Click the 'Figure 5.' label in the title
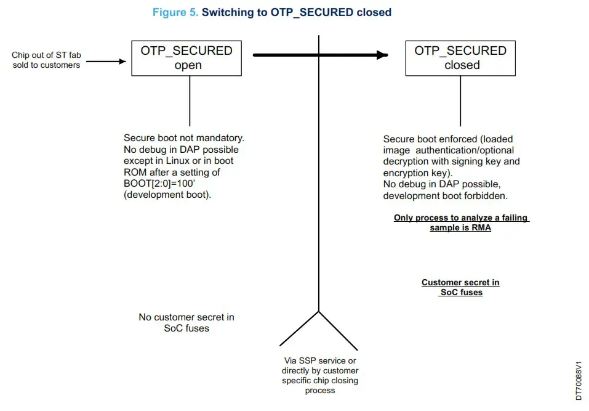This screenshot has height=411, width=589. pos(175,12)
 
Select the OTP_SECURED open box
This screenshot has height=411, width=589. pos(186,58)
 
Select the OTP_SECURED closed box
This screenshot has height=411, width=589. pos(460,58)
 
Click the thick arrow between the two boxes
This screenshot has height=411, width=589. pos(320,55)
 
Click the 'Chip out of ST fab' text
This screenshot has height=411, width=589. pos(46,55)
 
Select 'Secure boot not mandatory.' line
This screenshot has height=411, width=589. pos(184,139)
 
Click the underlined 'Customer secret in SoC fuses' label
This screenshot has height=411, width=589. pos(460,287)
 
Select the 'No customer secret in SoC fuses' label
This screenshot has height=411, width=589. pos(186,323)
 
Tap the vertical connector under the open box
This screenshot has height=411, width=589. pos(190,101)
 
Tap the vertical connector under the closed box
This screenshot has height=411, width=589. pos(460,101)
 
